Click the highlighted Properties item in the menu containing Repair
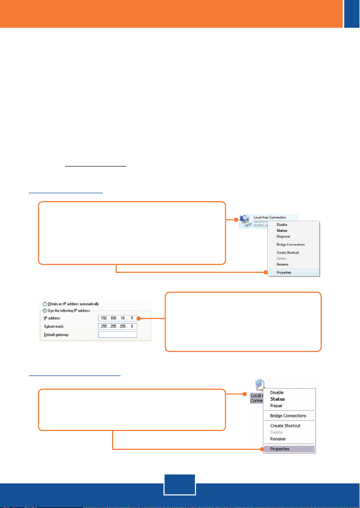point(280,449)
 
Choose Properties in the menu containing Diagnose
point(284,272)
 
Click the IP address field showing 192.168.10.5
point(117,318)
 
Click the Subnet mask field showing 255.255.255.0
point(117,326)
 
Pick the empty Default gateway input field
point(117,335)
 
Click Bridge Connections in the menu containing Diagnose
point(291,245)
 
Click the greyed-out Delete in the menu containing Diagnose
point(281,258)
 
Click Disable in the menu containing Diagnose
point(281,225)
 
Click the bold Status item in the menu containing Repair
point(277,399)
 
